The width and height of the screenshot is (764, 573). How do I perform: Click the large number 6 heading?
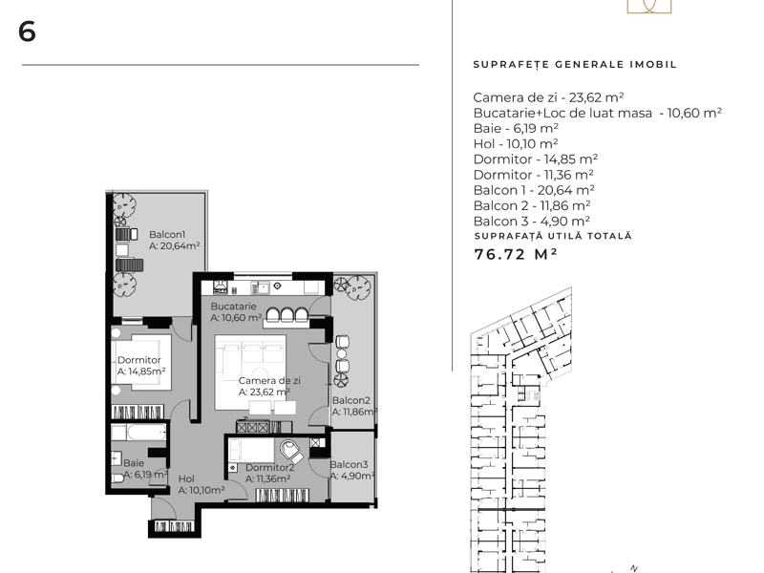(27, 32)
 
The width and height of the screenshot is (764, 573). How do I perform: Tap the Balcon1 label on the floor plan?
(167, 234)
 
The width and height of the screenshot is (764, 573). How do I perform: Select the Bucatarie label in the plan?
(233, 307)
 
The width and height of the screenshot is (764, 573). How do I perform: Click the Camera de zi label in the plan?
(269, 380)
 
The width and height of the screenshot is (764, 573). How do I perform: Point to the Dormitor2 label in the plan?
(270, 468)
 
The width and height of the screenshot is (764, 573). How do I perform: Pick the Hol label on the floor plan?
(186, 479)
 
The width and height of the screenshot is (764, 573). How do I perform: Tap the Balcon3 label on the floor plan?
(349, 465)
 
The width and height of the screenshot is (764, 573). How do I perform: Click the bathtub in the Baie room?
(138, 432)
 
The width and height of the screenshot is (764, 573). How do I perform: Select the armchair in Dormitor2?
(292, 451)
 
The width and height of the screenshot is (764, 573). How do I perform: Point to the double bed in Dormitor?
(140, 362)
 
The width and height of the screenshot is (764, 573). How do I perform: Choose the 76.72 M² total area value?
(516, 254)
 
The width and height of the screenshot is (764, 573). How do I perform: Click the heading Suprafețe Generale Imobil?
(575, 64)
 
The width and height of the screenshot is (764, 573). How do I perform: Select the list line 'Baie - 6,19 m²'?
(516, 128)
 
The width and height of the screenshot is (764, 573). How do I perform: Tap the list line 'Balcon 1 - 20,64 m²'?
(534, 190)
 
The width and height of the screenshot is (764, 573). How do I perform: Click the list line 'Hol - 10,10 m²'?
(516, 144)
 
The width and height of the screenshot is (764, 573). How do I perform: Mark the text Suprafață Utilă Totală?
(553, 236)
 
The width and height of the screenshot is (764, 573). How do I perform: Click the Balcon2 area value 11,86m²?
(354, 413)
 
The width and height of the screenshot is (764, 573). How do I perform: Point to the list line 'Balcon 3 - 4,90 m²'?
(532, 222)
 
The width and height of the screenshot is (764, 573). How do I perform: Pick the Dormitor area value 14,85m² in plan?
(141, 371)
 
